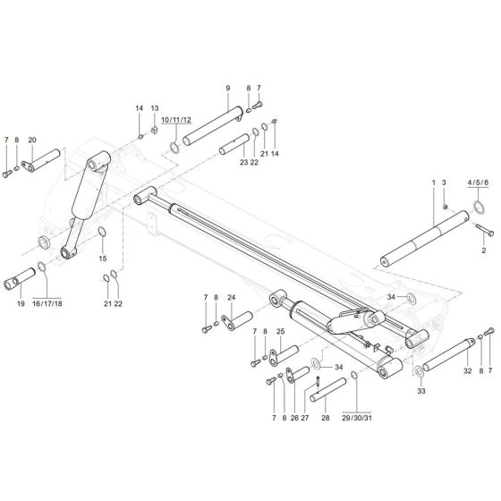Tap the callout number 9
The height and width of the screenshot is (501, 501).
point(228,88)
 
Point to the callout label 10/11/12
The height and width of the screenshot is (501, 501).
point(175,119)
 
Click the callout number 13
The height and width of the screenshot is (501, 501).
point(155,108)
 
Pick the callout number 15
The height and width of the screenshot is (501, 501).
point(103,259)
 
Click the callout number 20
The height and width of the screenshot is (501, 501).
point(32,140)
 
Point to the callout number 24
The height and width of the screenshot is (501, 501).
point(231,297)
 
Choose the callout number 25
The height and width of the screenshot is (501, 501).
point(280,332)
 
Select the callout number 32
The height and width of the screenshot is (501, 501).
point(466,370)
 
